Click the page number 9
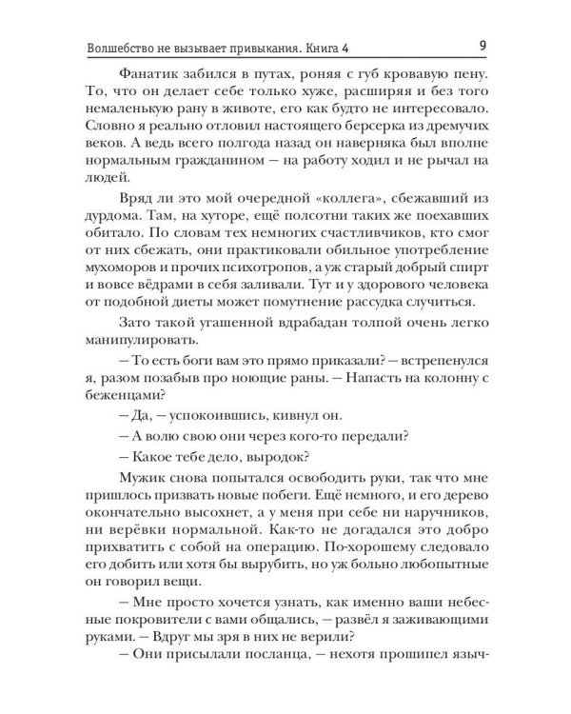click(484, 46)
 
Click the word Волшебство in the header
click(118, 47)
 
